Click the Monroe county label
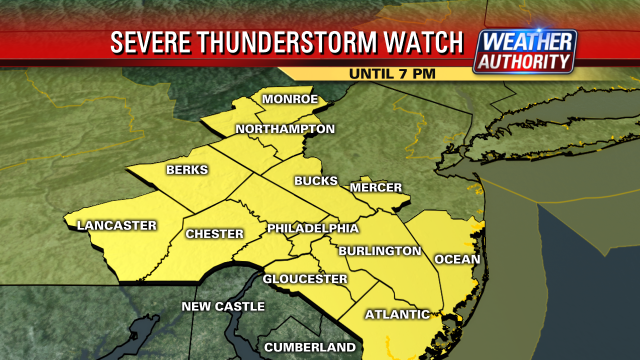[x=290, y=100]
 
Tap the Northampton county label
[x=285, y=129]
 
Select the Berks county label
[x=187, y=170]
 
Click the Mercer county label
[x=376, y=188]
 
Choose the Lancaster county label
[x=117, y=225]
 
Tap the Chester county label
[x=215, y=234]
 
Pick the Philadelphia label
[x=312, y=229]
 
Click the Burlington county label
[x=380, y=250]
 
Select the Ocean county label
[x=457, y=259]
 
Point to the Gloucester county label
[x=306, y=278]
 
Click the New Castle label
[x=223, y=305]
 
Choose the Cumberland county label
[x=310, y=347]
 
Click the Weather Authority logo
[x=526, y=51]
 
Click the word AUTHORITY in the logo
[x=526, y=61]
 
